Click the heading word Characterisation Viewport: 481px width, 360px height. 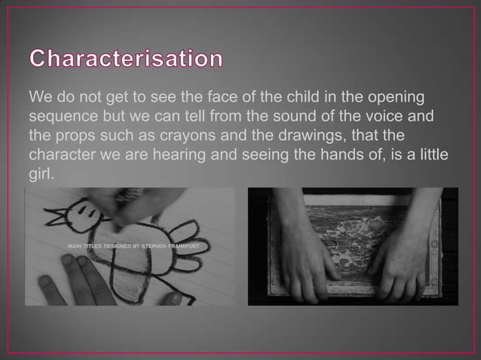click(x=126, y=59)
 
